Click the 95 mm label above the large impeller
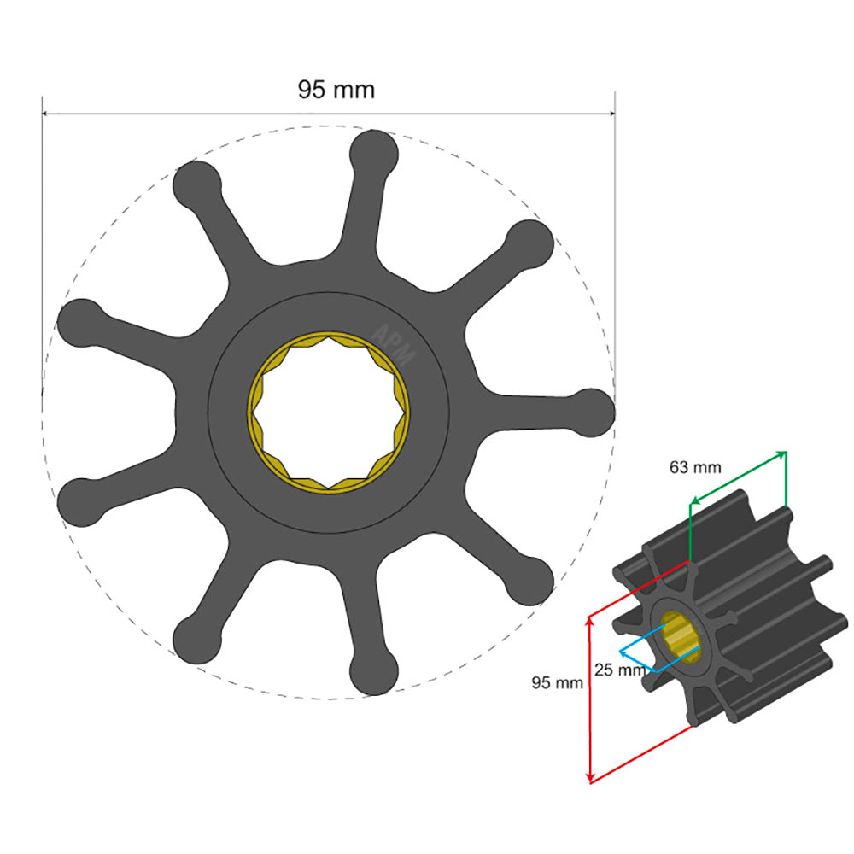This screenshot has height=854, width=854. coord(336,90)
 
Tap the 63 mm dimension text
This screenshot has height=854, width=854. coord(695,467)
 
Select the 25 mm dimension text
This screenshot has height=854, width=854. coord(620,670)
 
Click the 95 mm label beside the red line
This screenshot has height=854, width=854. coord(557,682)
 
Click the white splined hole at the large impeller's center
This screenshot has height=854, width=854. coord(329,412)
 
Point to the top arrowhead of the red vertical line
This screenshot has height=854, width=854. coord(589,621)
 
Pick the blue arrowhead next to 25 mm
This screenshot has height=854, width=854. coord(623,653)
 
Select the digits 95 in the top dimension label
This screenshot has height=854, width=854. coord(311,90)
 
